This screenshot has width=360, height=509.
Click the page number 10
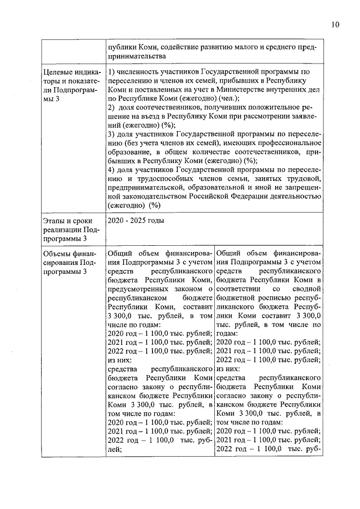[x=335, y=25]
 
